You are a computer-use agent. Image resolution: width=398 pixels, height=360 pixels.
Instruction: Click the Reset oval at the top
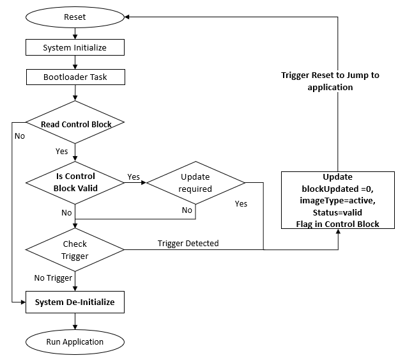click(x=75, y=17)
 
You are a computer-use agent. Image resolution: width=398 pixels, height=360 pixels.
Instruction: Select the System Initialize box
click(x=75, y=48)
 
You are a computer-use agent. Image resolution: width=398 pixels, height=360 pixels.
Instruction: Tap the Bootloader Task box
click(x=75, y=78)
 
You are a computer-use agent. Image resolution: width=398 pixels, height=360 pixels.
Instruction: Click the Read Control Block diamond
click(x=75, y=124)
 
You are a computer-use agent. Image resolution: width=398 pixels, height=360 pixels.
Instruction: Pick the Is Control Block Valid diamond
click(x=75, y=182)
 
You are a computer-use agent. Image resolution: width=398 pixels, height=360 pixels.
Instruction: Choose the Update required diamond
click(x=195, y=182)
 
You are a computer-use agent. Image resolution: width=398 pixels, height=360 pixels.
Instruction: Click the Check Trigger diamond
click(x=75, y=249)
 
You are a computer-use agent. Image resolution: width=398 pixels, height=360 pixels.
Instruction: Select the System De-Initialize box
click(x=75, y=302)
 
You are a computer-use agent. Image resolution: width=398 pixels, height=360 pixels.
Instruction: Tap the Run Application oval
click(x=75, y=341)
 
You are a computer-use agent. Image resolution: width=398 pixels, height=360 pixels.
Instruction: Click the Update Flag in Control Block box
click(x=338, y=200)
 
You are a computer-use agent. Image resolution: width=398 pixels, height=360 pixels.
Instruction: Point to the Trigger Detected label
click(x=188, y=243)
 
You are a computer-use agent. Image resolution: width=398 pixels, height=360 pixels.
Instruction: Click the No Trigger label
click(x=54, y=278)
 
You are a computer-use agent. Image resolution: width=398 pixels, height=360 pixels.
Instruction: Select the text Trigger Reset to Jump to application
click(x=330, y=81)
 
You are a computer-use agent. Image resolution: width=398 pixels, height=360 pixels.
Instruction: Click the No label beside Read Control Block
click(x=19, y=136)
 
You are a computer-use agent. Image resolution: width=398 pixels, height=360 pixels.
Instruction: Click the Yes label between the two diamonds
click(x=134, y=176)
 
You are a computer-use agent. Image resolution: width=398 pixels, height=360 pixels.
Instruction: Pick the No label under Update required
click(x=187, y=210)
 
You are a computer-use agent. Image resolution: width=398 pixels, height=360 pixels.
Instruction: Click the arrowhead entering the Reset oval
click(x=128, y=17)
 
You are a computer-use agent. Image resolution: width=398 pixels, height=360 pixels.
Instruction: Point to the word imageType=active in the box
click(x=338, y=201)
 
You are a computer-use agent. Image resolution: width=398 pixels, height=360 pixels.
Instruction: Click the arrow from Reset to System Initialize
click(x=75, y=34)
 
